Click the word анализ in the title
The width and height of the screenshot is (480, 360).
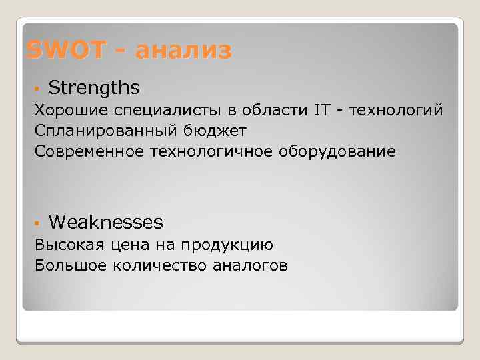coord(183,50)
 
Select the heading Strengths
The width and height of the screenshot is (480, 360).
coord(94,88)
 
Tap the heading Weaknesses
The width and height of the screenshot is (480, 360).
coord(105,221)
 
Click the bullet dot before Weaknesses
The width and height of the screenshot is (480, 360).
coord(39,222)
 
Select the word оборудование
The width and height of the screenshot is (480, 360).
coord(337,152)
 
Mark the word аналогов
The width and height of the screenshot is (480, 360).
coord(250,267)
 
